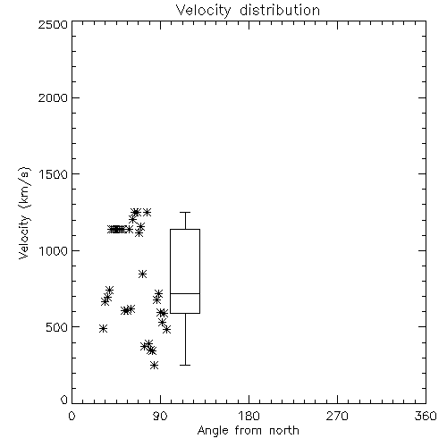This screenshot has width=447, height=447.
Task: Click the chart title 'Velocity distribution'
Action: [x=248, y=10]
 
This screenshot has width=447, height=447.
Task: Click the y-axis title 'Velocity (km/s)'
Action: [x=24, y=213]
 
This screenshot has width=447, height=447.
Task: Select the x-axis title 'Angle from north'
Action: [x=248, y=430]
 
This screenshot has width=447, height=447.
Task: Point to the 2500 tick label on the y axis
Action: [x=53, y=24]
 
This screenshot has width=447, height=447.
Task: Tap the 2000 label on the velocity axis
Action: [x=53, y=97]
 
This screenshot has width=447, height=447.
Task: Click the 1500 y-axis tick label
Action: [x=54, y=174]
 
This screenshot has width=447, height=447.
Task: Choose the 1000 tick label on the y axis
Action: [x=54, y=250]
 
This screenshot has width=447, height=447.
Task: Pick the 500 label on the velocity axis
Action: [x=57, y=327]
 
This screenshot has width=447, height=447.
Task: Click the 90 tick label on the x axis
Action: [x=160, y=416]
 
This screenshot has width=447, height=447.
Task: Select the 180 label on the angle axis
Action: [x=249, y=416]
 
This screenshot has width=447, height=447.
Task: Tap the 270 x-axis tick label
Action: [x=337, y=416]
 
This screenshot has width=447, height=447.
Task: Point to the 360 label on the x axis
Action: [x=426, y=416]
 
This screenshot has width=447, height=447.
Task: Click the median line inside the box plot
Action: [x=185, y=293]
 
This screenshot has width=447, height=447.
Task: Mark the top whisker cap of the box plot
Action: [x=185, y=212]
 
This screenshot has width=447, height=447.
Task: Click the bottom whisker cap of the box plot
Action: [x=185, y=365]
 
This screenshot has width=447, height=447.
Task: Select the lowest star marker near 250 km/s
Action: [x=154, y=365]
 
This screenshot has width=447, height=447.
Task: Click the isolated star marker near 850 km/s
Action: [x=142, y=274]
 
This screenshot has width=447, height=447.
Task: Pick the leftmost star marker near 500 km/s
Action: [x=103, y=329]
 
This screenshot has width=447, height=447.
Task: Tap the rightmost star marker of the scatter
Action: [x=167, y=329]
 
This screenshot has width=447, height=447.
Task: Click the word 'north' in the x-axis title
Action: [x=284, y=430]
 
